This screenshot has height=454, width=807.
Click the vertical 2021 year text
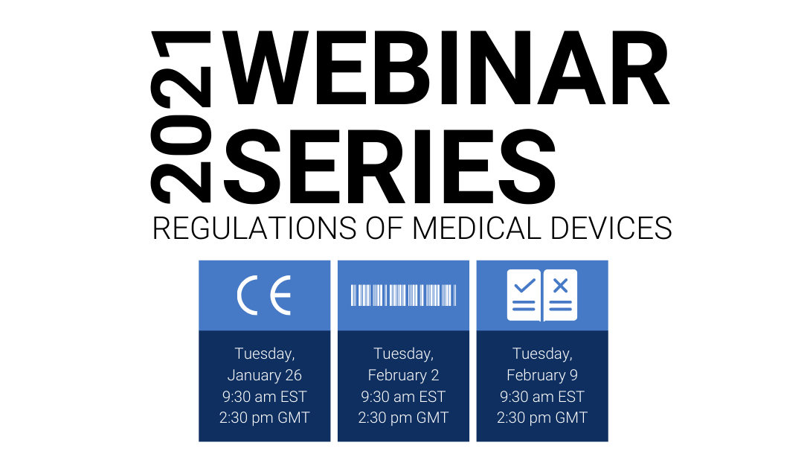181,117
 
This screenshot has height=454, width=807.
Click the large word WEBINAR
447,68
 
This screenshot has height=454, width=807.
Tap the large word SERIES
390,166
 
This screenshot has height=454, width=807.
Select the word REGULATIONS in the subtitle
254,228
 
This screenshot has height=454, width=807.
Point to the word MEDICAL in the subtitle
477,228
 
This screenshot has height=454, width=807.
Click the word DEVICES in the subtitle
611,228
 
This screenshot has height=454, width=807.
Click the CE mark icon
264,295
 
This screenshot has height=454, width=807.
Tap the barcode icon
403,295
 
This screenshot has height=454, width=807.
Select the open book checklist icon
542,295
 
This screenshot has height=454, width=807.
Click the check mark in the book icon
524,284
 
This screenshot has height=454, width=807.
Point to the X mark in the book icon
561,285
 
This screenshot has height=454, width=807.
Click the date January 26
265,375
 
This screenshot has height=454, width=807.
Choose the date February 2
403,375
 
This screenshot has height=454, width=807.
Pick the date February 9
542,375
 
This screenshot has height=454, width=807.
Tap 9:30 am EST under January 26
265,397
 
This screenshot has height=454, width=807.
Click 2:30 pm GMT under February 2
403,418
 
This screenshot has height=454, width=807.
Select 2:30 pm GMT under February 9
542,418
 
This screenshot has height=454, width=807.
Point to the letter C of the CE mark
247,295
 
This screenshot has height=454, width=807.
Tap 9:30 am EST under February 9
542,397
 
